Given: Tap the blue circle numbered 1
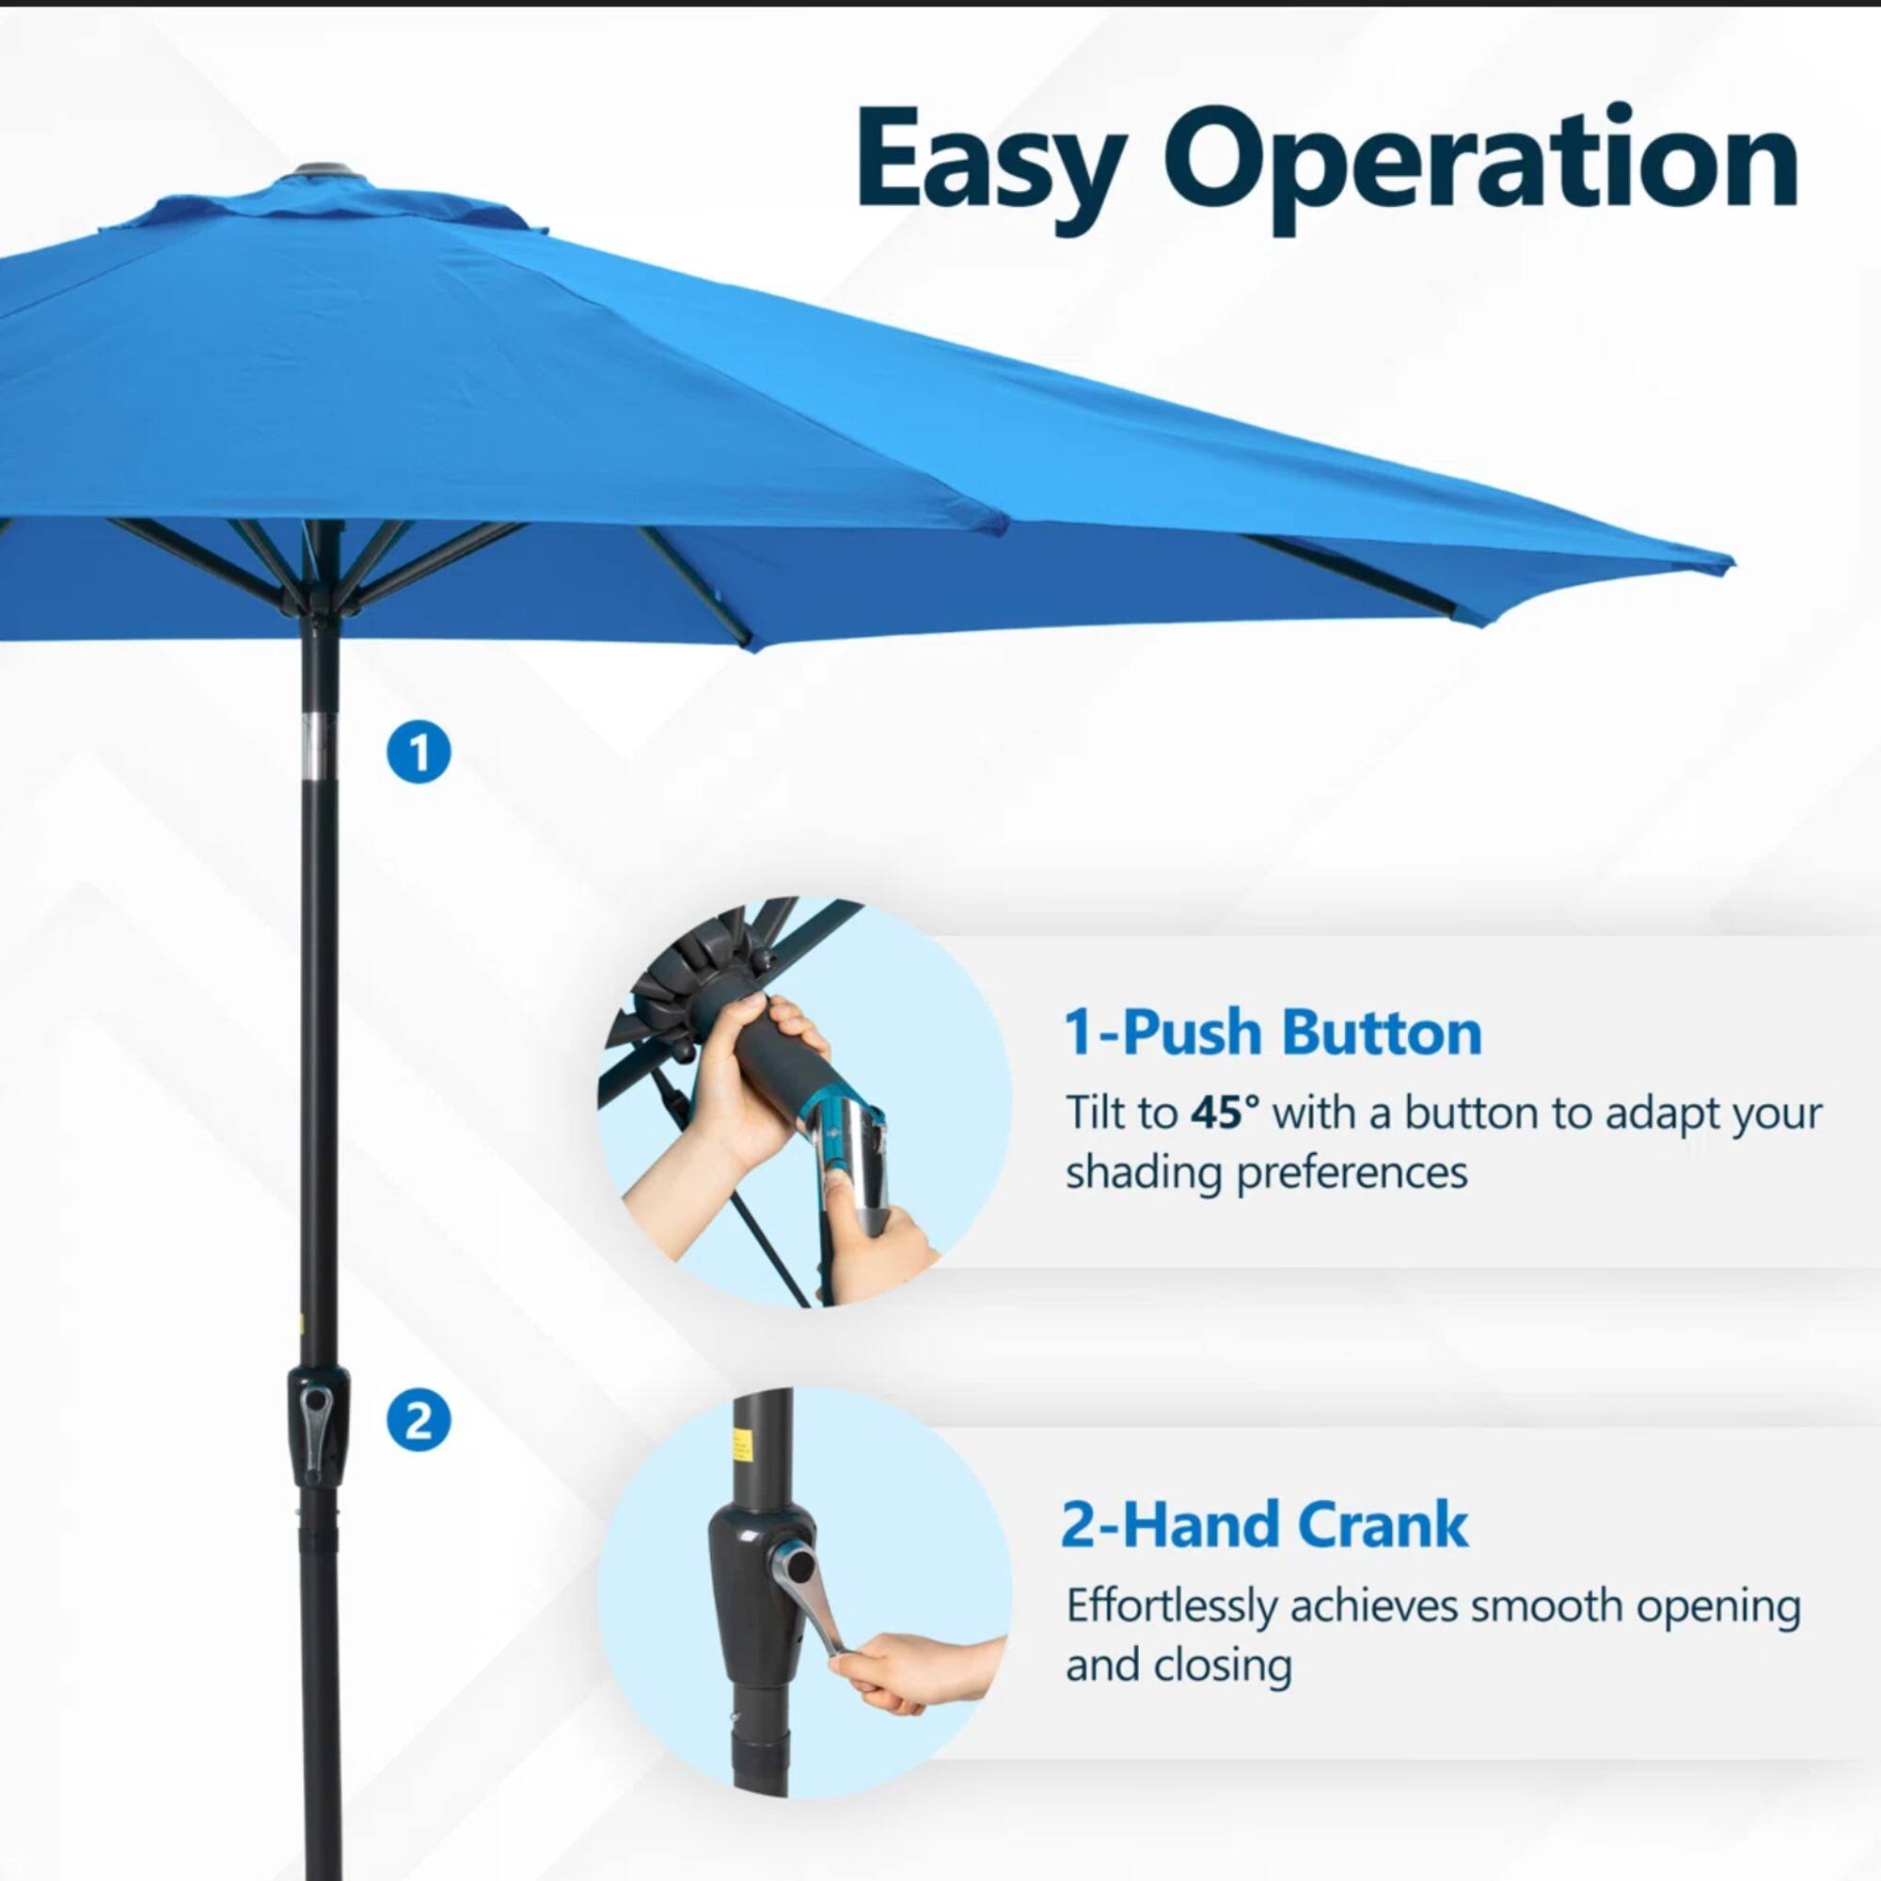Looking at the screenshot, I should (419, 751).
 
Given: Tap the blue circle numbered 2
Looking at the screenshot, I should (419, 1422).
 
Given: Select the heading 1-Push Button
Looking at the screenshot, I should (1272, 1032).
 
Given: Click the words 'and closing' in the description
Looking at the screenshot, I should (1178, 1666).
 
